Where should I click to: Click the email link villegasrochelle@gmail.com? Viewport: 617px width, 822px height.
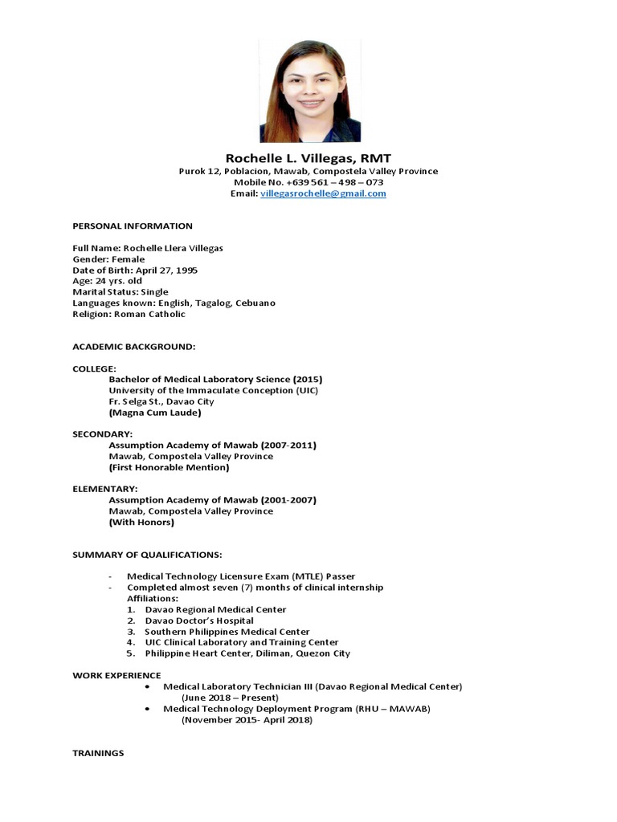point(323,194)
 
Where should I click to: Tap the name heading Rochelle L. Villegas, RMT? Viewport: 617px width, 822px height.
point(308,158)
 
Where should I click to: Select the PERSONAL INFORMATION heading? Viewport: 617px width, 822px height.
point(133,226)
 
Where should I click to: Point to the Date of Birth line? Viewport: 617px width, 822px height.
point(135,271)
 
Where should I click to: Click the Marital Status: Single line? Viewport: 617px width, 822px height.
point(121,292)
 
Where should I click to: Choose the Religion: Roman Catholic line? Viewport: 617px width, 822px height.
point(129,315)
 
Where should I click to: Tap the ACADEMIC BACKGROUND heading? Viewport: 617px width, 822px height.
point(134,347)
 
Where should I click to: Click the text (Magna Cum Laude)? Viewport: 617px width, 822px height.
point(154,413)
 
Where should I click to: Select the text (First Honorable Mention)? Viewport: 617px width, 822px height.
point(169,467)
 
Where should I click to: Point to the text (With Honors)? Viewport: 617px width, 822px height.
point(141,522)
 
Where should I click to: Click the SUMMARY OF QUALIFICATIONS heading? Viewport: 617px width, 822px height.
point(147,555)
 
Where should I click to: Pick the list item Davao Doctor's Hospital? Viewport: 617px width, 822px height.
point(199,621)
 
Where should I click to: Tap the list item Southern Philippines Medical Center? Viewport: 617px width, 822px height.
point(227,632)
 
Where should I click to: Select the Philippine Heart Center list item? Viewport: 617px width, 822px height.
point(247,653)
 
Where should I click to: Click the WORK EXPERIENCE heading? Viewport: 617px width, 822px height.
point(116,675)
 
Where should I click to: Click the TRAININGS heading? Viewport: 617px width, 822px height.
point(98,754)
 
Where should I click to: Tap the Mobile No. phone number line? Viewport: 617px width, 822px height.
point(308,183)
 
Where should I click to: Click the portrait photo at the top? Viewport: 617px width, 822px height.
point(310,90)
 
